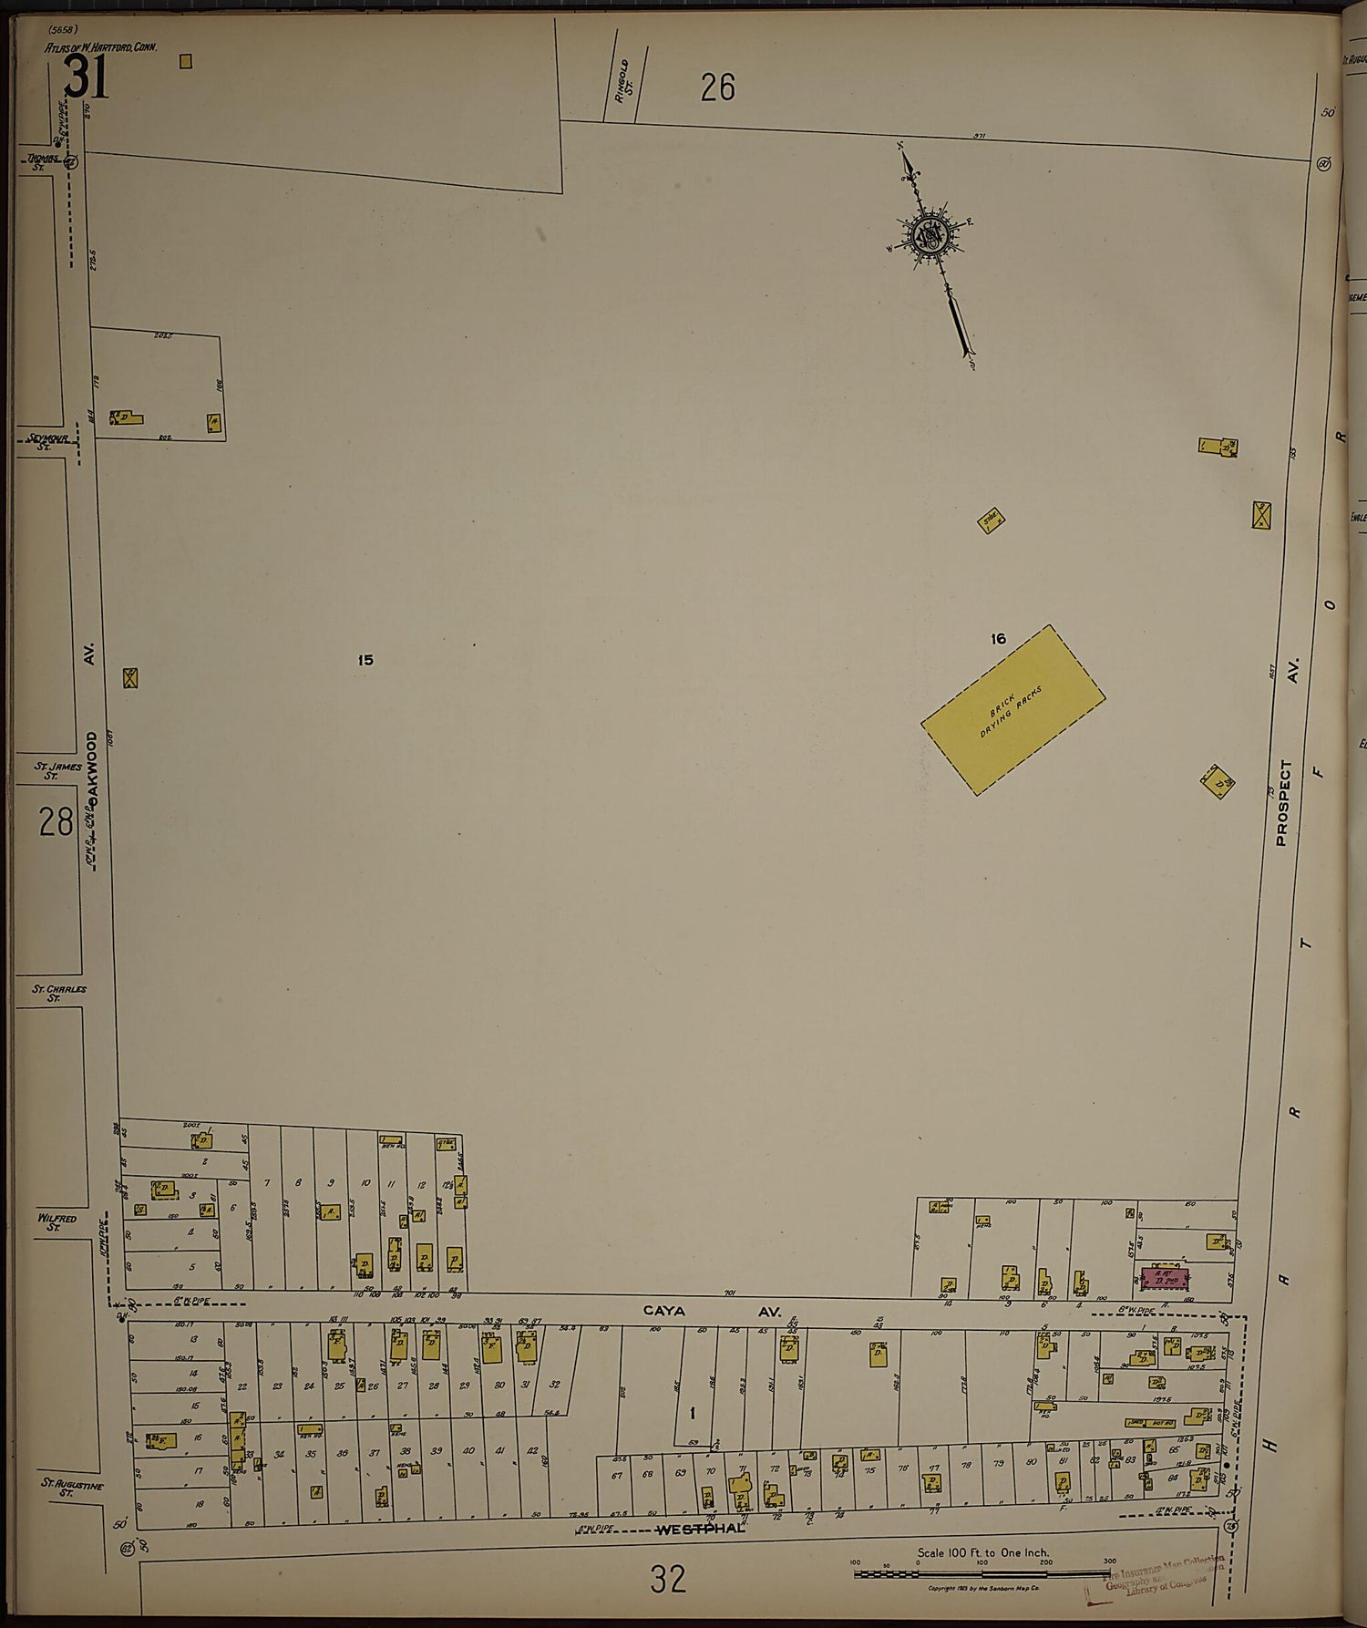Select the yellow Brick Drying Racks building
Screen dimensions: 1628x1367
pyautogui.click(x=1012, y=709)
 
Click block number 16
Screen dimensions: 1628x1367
pyautogui.click(x=998, y=639)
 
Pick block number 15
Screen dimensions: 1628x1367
pyautogui.click(x=365, y=660)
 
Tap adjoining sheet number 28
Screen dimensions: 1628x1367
pyautogui.click(x=56, y=823)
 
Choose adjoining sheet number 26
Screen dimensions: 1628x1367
pyautogui.click(x=717, y=88)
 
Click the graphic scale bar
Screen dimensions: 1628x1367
pyautogui.click(x=980, y=1573)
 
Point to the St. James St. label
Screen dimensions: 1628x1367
pyautogui.click(x=58, y=772)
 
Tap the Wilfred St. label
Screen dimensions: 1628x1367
pyautogui.click(x=57, y=1221)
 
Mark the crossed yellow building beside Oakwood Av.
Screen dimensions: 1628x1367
pyautogui.click(x=130, y=678)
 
